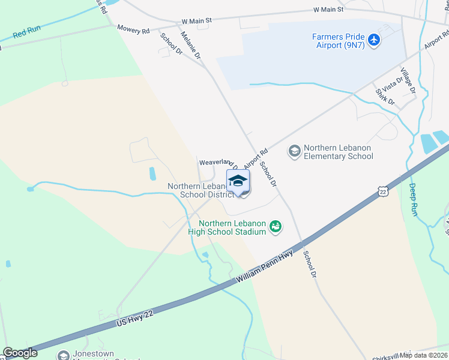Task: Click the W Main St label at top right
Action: click(328, 10)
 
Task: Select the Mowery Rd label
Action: click(133, 30)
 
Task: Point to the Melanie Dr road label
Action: click(190, 45)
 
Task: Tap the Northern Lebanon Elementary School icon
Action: click(294, 150)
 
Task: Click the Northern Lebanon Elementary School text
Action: click(339, 152)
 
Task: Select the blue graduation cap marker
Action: click(238, 181)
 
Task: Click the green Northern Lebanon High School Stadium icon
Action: click(276, 226)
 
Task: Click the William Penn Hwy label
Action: click(265, 269)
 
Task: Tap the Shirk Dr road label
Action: click(384, 96)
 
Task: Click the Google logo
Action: click(20, 353)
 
